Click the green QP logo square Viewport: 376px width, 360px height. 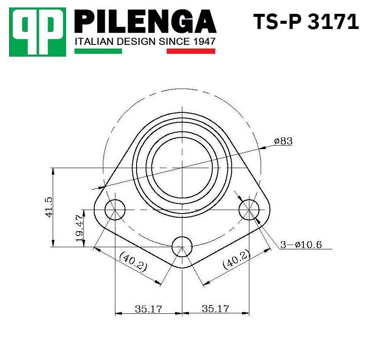[38, 32]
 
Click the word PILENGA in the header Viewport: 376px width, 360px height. [146, 22]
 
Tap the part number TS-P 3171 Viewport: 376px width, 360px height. [306, 22]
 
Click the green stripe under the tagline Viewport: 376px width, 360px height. [98, 51]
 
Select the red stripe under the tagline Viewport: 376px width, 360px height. [191, 51]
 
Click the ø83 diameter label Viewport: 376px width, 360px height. [283, 141]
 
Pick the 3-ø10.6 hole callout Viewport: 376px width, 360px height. [301, 245]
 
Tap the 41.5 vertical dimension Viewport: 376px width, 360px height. [49, 207]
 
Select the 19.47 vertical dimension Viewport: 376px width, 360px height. [80, 228]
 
